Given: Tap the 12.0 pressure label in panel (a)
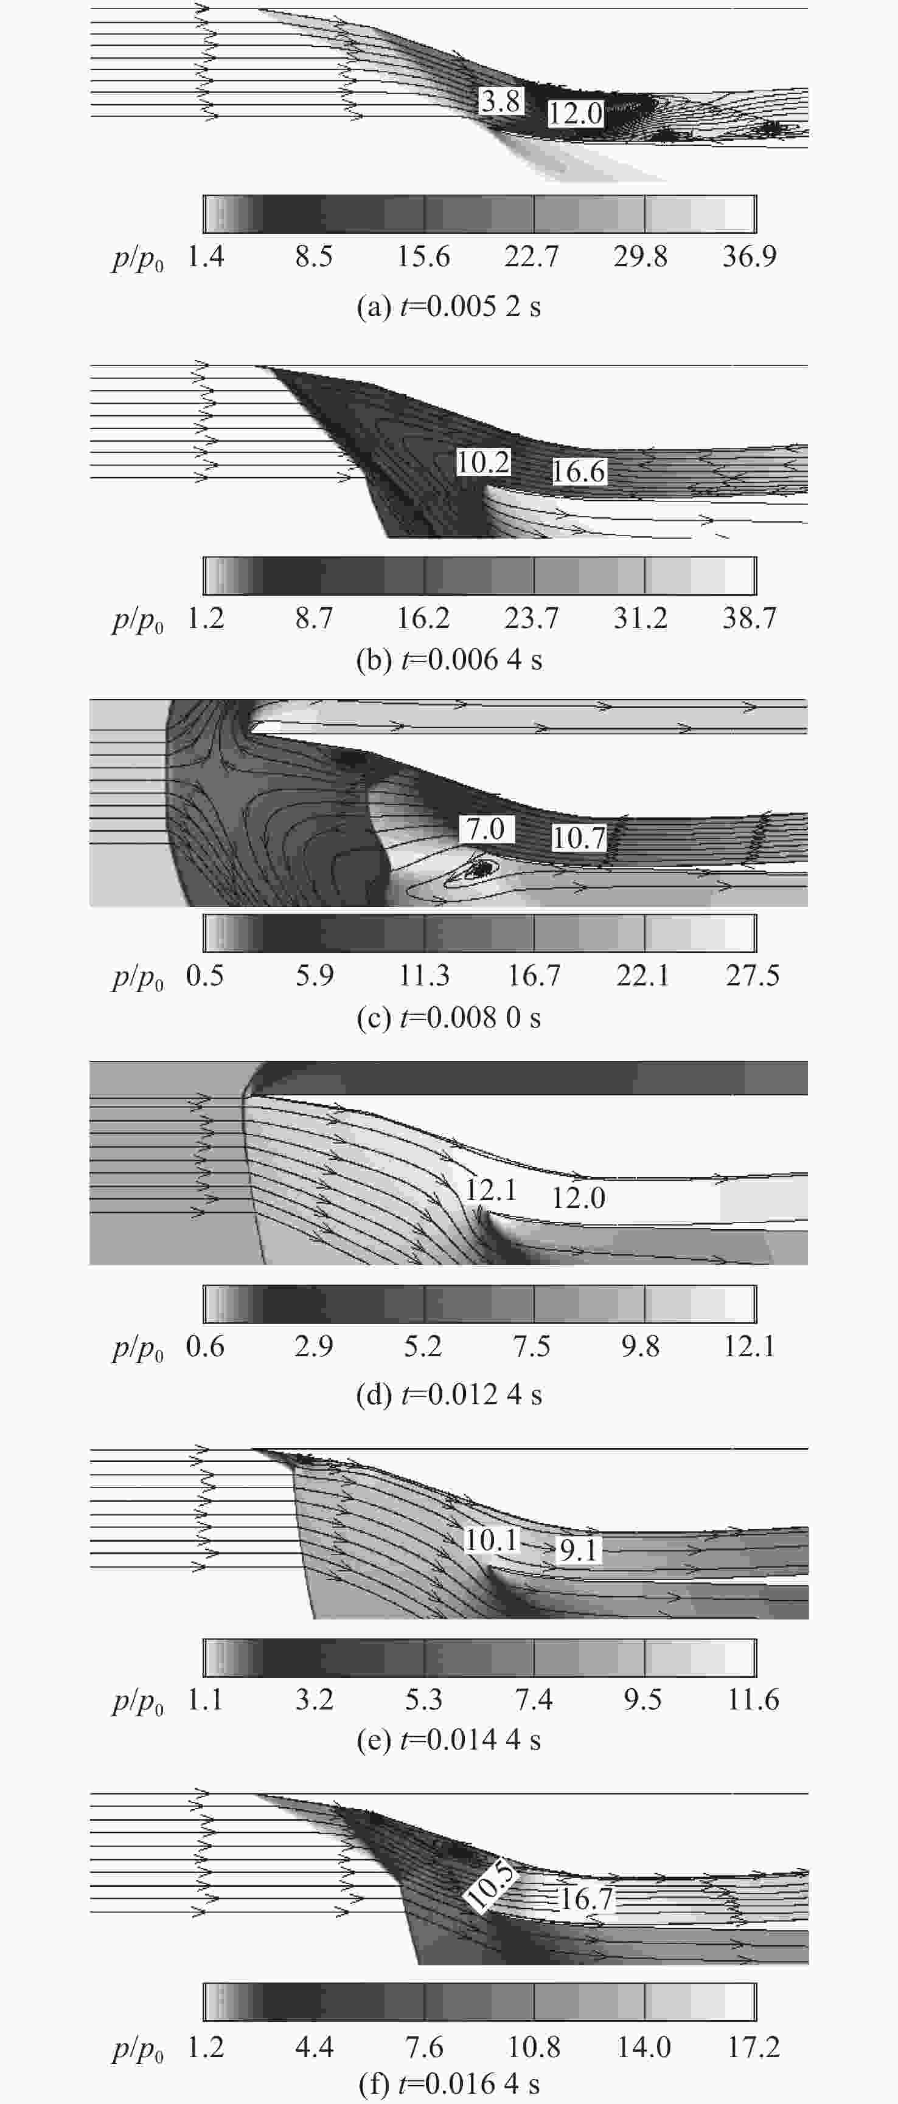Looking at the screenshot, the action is [x=575, y=112].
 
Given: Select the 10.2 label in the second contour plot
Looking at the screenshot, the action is [x=483, y=462].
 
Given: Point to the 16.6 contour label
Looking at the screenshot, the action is [x=579, y=471].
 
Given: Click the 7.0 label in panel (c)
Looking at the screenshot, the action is [x=486, y=829].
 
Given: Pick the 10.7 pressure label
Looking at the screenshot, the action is [x=579, y=837].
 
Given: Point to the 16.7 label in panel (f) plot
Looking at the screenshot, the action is [x=586, y=1898].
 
